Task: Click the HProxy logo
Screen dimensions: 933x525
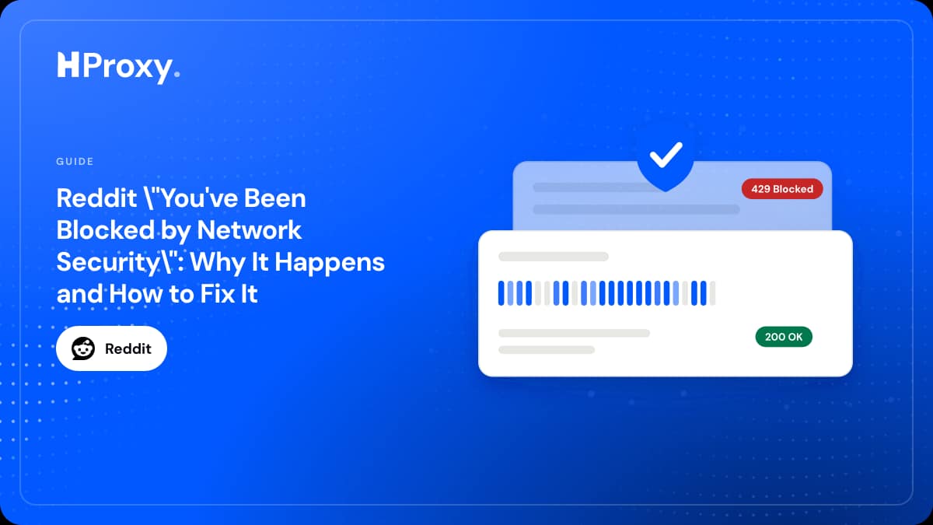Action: (118, 67)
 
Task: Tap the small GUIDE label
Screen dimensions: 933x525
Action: (75, 161)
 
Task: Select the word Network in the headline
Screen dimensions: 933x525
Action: (249, 230)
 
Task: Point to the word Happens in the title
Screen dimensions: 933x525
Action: (330, 264)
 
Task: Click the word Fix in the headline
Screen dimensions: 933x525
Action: (214, 294)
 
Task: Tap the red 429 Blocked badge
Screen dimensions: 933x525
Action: (782, 189)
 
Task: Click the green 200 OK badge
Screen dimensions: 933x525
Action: (784, 337)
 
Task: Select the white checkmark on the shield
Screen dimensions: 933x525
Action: (666, 155)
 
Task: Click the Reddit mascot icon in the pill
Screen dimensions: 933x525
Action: (83, 348)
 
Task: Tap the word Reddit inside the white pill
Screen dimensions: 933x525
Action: (128, 348)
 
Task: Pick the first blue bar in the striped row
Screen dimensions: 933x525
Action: (501, 293)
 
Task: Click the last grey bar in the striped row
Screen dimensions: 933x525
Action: (713, 293)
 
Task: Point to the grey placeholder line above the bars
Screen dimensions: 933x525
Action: (554, 257)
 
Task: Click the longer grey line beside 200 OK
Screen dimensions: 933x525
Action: (574, 333)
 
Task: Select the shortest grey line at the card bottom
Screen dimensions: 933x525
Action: (547, 350)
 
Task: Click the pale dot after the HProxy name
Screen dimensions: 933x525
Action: (177, 74)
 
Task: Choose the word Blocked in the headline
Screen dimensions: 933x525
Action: (106, 230)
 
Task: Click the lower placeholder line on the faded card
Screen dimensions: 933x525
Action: (637, 209)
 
